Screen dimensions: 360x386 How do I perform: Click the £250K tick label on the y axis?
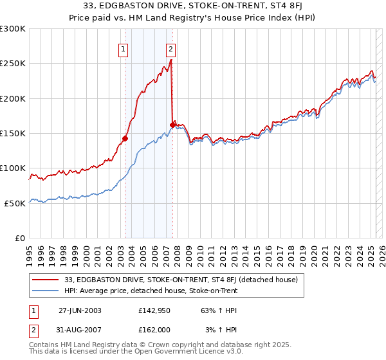[12, 64]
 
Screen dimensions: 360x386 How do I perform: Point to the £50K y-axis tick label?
[15, 203]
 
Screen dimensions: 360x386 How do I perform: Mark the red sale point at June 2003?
[125, 138]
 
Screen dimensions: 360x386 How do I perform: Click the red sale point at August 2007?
[172, 125]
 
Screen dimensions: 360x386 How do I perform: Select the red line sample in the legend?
[46, 280]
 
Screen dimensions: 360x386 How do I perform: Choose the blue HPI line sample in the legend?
[46, 291]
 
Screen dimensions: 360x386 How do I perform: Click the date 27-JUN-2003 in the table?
[80, 310]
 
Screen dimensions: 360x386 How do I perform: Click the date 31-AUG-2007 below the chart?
[80, 329]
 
